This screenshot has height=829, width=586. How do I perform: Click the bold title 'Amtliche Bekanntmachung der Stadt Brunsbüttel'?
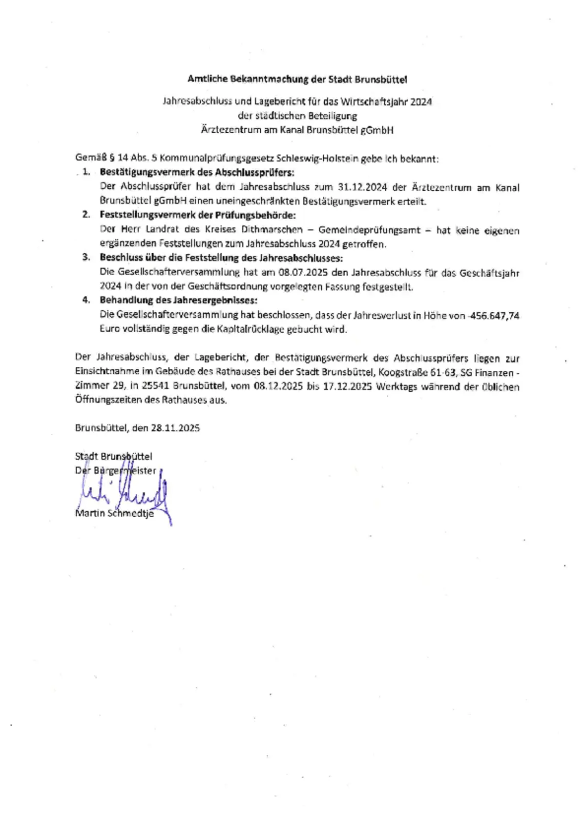[297, 79]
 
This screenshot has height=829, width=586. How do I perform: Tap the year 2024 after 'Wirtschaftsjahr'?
[421, 101]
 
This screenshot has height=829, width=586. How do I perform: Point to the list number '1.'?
[86, 172]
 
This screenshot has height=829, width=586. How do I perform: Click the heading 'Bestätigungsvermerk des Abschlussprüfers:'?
[197, 172]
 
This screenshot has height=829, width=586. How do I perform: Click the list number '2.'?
[86, 214]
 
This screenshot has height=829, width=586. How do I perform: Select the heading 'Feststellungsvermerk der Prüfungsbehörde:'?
[198, 215]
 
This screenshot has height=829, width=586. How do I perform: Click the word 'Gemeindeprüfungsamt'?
[369, 230]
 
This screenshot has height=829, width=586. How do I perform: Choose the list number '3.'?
[86, 257]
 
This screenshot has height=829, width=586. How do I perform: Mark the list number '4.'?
[86, 300]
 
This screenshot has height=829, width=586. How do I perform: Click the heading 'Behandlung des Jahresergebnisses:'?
[179, 300]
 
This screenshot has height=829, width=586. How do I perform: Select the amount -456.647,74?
[493, 316]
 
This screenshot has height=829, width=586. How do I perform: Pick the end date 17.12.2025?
[347, 386]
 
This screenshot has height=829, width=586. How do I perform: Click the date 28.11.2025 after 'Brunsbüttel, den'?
[175, 428]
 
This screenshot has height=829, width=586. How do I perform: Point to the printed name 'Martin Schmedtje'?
[114, 513]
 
